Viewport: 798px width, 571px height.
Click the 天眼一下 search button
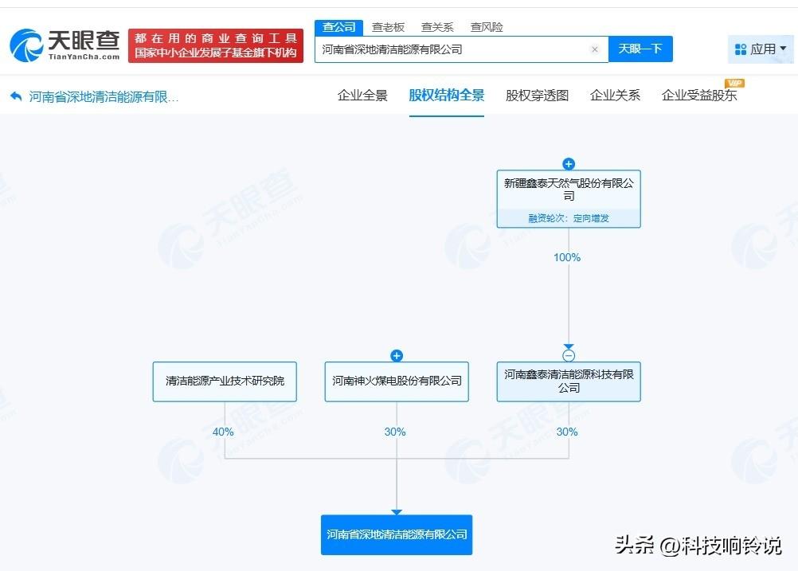(640, 49)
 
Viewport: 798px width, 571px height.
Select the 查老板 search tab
(389, 27)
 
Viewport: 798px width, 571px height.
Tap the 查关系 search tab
(437, 27)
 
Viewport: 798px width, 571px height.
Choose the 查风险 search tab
(487, 27)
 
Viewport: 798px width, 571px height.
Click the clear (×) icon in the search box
(594, 49)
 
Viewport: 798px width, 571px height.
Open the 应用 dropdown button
(761, 49)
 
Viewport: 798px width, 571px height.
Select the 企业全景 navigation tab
(362, 96)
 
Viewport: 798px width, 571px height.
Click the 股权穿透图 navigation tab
(537, 96)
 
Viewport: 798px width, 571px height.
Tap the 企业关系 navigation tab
(615, 96)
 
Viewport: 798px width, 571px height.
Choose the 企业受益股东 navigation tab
(699, 96)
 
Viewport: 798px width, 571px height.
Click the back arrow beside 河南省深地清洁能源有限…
(16, 96)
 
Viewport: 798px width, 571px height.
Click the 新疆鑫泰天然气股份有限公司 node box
(569, 191)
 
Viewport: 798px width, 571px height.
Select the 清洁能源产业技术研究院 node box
(225, 381)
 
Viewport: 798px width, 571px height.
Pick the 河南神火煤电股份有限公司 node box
(397, 381)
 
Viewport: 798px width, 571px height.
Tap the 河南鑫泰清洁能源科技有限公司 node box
(569, 381)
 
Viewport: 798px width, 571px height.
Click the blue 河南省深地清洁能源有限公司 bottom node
(397, 534)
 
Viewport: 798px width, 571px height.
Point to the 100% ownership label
(567, 257)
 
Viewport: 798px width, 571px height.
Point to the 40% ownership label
(223, 432)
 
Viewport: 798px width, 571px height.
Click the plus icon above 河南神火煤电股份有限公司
(397, 356)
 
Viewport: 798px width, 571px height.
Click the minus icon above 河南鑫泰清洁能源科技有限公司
(569, 356)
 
